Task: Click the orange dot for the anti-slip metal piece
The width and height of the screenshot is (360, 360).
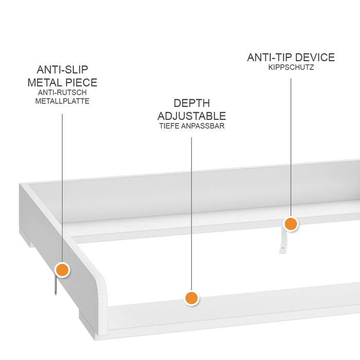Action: (62, 269)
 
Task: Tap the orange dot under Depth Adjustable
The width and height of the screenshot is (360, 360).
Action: (191, 298)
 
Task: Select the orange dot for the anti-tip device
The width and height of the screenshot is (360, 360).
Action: (291, 224)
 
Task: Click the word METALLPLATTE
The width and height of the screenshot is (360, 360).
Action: (62, 101)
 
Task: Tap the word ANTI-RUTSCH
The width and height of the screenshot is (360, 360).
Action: (62, 93)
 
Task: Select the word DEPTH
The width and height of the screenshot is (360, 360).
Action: (191, 103)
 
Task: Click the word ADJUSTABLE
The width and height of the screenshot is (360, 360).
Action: (191, 116)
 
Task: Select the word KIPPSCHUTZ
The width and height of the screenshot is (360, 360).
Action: (291, 67)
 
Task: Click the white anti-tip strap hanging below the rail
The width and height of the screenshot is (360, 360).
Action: (281, 242)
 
